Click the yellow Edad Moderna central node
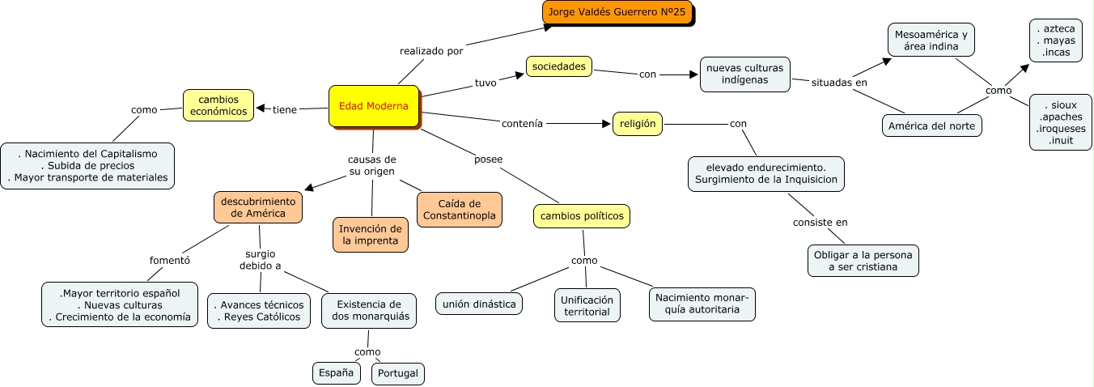tap(374, 106)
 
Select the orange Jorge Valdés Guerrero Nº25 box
tap(617, 13)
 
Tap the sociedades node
tap(559, 66)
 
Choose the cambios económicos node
tap(218, 105)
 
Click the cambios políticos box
tap(582, 216)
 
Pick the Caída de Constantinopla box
tap(460, 209)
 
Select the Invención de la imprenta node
tap(371, 234)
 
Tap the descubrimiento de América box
tap(258, 206)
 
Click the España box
tap(336, 372)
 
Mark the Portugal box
tap(398, 373)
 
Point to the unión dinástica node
tap(479, 304)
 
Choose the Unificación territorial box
tap(587, 305)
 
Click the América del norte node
tap(931, 125)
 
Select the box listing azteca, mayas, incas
tap(1055, 40)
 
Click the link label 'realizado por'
tap(431, 51)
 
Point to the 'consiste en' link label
tap(820, 222)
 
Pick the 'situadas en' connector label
tap(839, 83)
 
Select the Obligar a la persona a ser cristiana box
tap(863, 261)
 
